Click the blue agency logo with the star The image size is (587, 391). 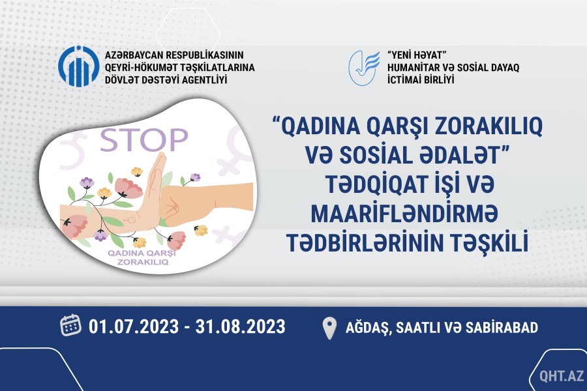tap(79, 66)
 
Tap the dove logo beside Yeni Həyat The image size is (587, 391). tap(363, 68)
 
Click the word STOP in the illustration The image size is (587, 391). tap(143, 140)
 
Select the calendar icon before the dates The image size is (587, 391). tap(70, 325)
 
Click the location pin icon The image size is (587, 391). tap(330, 328)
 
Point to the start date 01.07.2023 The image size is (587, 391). tap(134, 326)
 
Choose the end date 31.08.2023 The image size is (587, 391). tap(240, 326)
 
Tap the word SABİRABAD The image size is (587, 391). tap(502, 327)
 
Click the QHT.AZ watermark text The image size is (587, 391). tap(562, 375)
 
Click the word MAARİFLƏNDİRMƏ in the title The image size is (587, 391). tap(404, 214)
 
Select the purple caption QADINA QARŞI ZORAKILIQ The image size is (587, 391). tap(142, 257)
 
